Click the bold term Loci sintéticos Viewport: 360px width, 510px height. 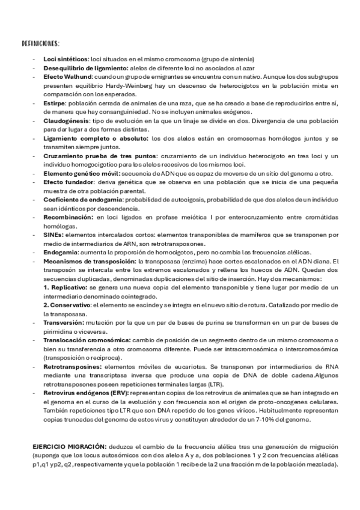pyautogui.click(x=65, y=59)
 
